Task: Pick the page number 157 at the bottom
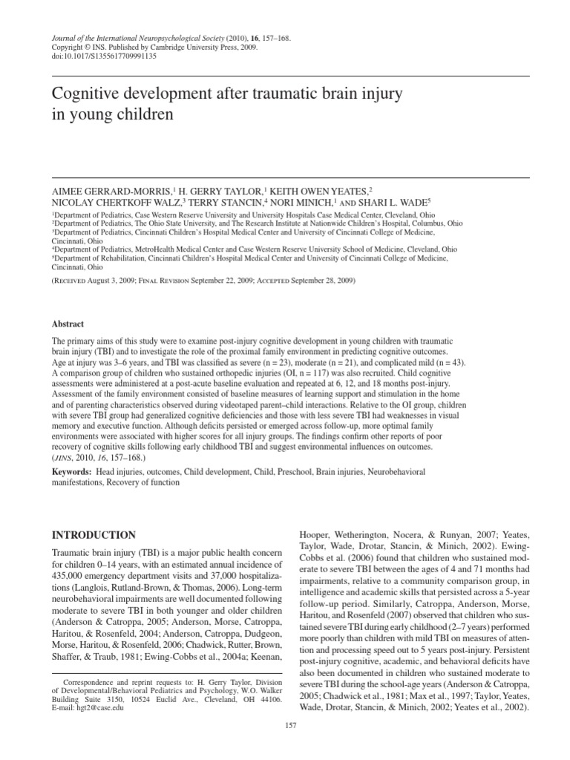pyautogui.click(x=291, y=724)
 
